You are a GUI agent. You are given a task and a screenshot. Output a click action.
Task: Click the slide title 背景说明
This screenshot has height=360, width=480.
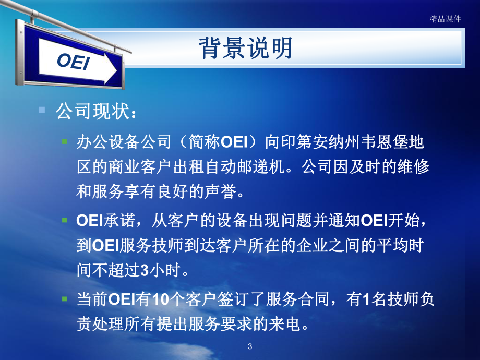click(245, 49)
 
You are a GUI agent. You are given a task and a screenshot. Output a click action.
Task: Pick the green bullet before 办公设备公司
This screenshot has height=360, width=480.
click(65, 142)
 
